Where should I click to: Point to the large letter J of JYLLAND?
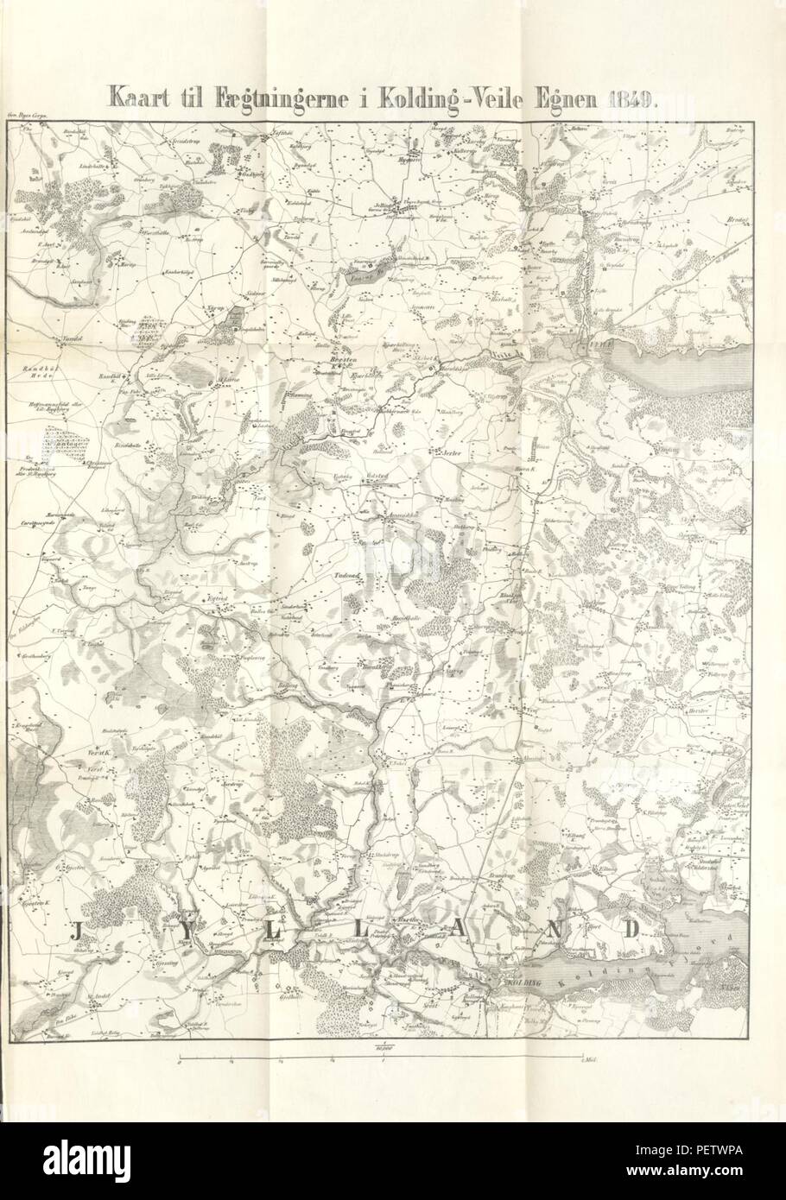(x=75, y=931)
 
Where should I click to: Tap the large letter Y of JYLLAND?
(x=185, y=931)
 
